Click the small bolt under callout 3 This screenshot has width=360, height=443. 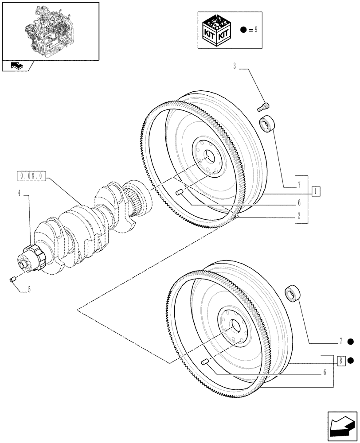pos(262,106)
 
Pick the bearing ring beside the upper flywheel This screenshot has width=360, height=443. pos(268,123)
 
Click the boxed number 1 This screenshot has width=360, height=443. pos(315,191)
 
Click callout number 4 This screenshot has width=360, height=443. pos(19,194)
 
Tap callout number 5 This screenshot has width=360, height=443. pos(29,290)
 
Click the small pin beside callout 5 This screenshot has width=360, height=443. pos(13,279)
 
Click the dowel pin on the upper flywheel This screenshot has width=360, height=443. pos(180,192)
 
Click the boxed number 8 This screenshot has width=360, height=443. pos(340,361)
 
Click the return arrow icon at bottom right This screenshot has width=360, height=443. pos(341,425)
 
